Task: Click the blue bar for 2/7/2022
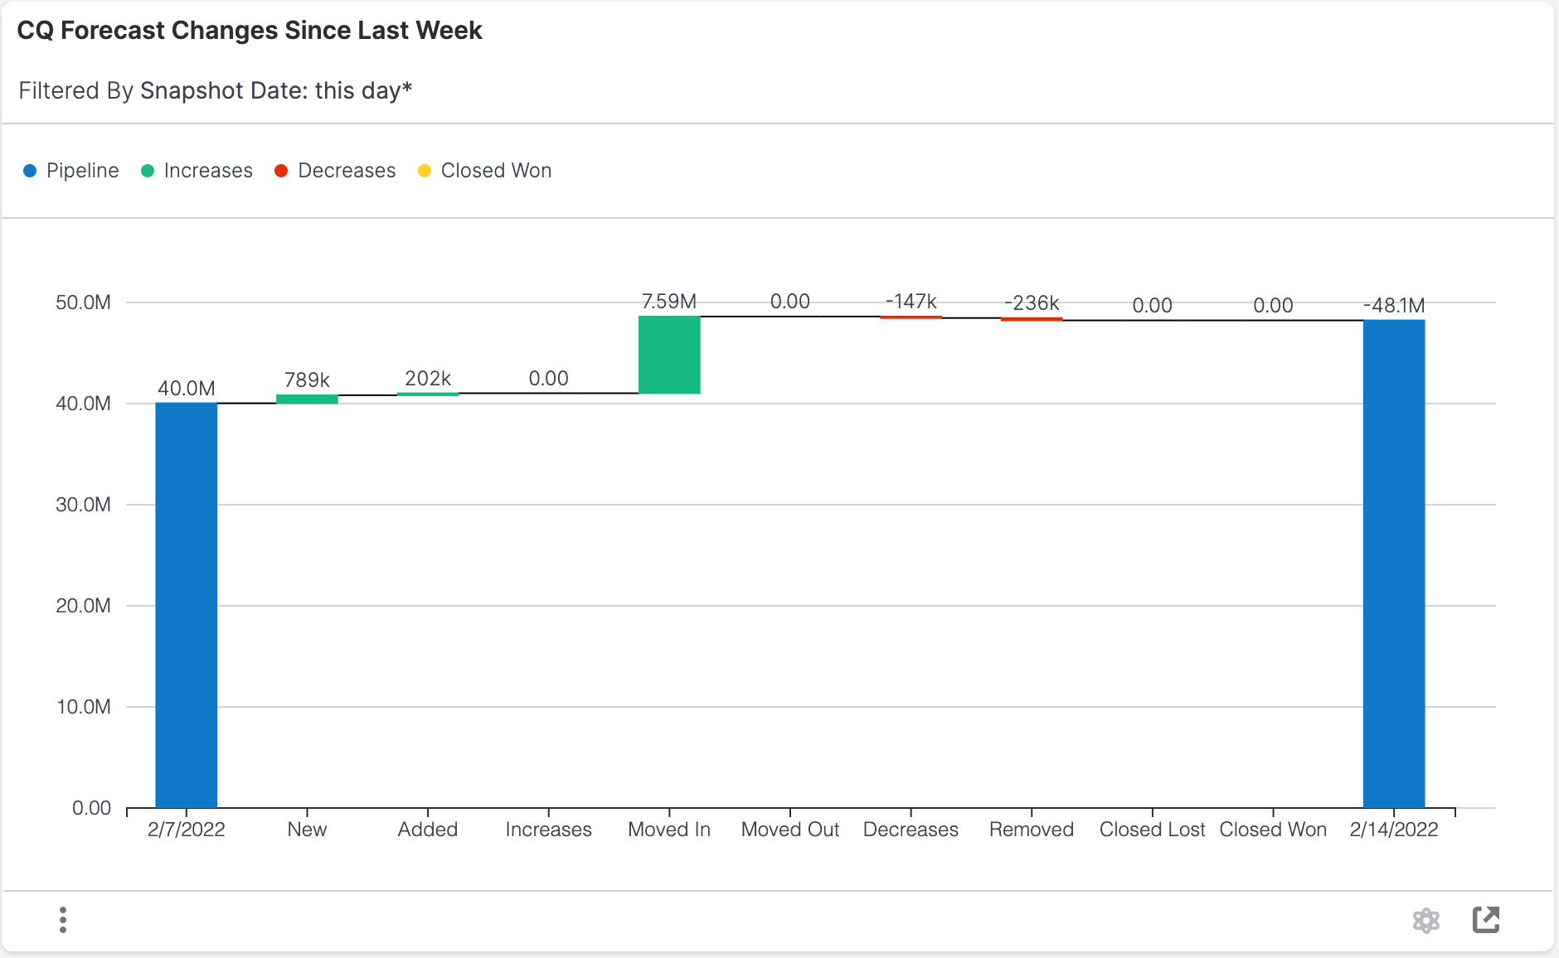click(x=186, y=605)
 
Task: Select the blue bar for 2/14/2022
click(x=1393, y=564)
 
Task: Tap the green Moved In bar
click(x=669, y=355)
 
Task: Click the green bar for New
click(x=307, y=399)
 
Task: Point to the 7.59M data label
click(x=669, y=302)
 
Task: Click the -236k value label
click(x=1032, y=303)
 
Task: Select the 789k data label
click(x=307, y=380)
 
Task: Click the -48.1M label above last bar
click(x=1393, y=306)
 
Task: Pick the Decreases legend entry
click(x=335, y=171)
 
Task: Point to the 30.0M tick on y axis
click(x=83, y=505)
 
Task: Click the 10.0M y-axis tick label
click(x=83, y=707)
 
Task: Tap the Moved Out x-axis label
click(x=789, y=830)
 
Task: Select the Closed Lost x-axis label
click(x=1152, y=830)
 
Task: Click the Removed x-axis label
click(x=1031, y=830)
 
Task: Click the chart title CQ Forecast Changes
click(x=250, y=31)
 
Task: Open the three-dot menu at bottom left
click(x=63, y=920)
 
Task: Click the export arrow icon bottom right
click(x=1485, y=920)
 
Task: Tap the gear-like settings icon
click(x=1425, y=920)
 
